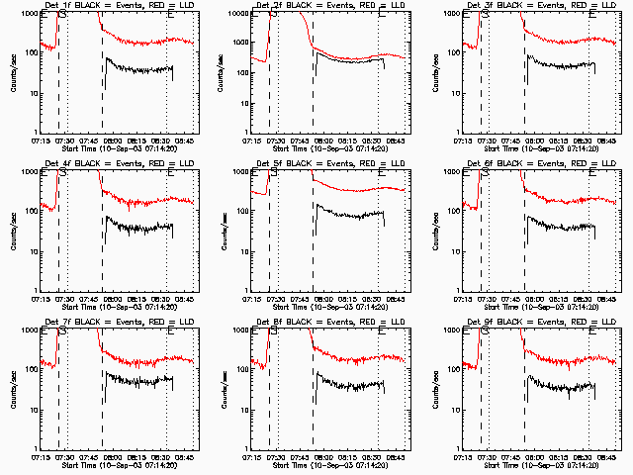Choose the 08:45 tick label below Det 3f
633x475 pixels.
(x=607, y=141)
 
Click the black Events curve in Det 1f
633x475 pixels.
(x=138, y=69)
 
